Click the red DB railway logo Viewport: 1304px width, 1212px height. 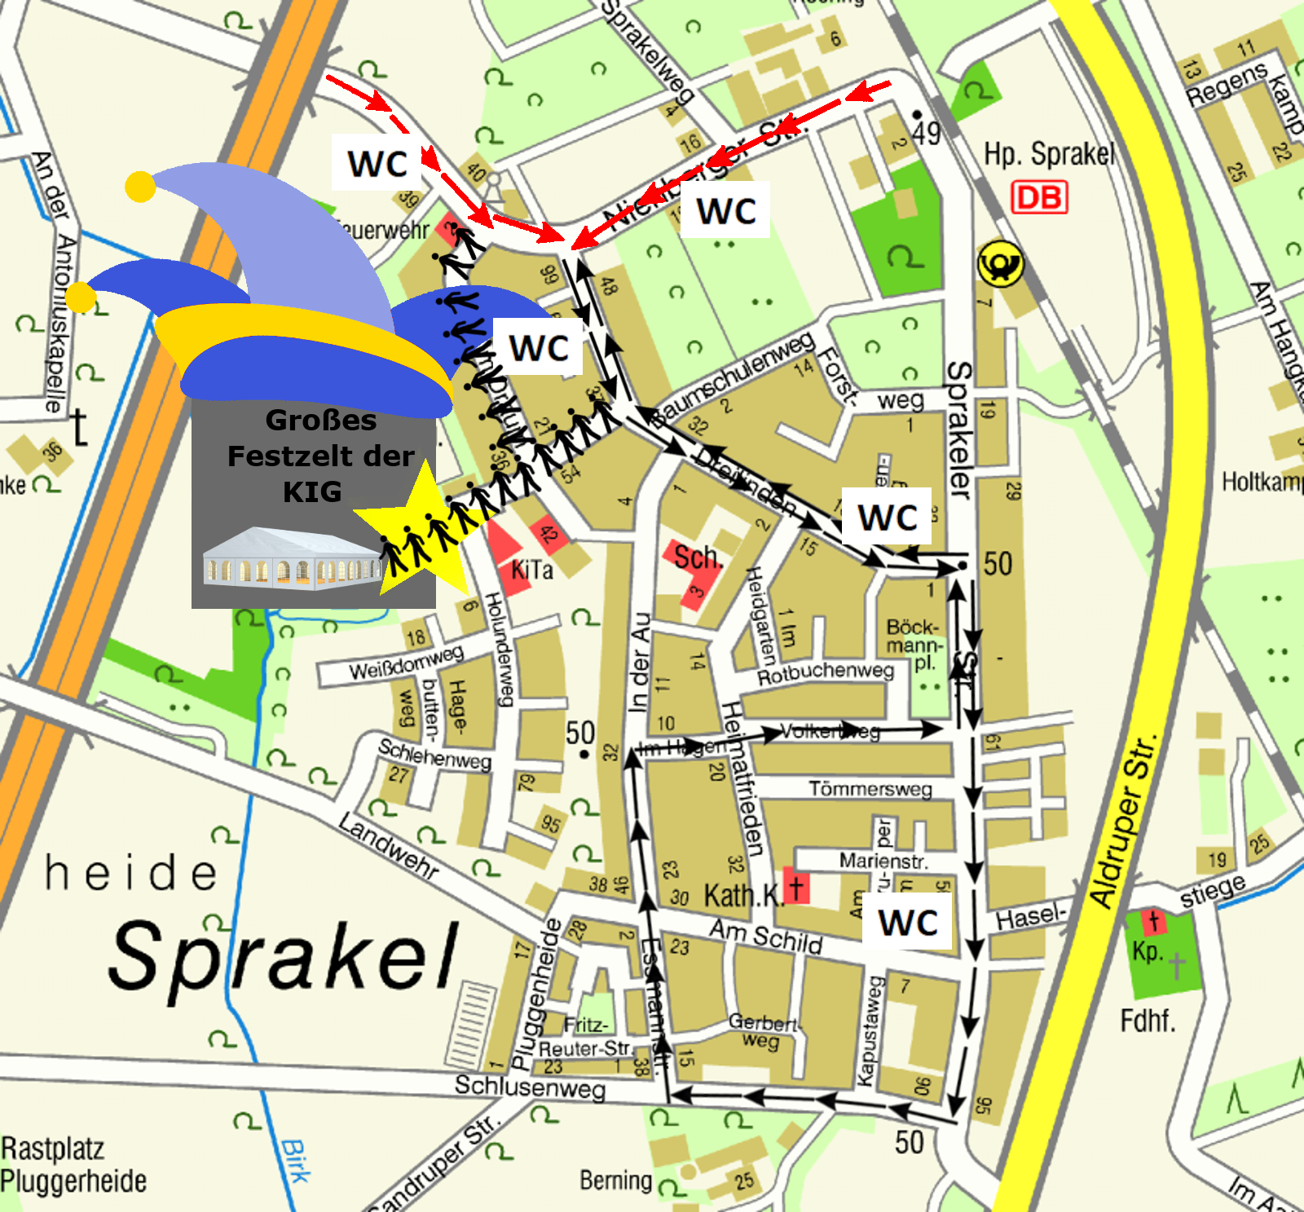1039,197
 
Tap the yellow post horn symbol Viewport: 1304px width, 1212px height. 1000,263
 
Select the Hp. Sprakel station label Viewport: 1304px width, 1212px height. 1048,153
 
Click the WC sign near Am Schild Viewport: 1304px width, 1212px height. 908,923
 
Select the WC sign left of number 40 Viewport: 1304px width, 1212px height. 377,163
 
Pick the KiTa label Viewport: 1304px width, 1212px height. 531,570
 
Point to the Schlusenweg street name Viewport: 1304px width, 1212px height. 530,1087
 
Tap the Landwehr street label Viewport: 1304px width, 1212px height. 389,846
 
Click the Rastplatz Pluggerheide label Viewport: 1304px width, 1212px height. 73,1164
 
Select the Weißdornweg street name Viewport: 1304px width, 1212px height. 406,661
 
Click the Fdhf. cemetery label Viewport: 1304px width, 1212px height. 1148,1020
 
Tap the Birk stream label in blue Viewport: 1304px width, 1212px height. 295,1161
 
